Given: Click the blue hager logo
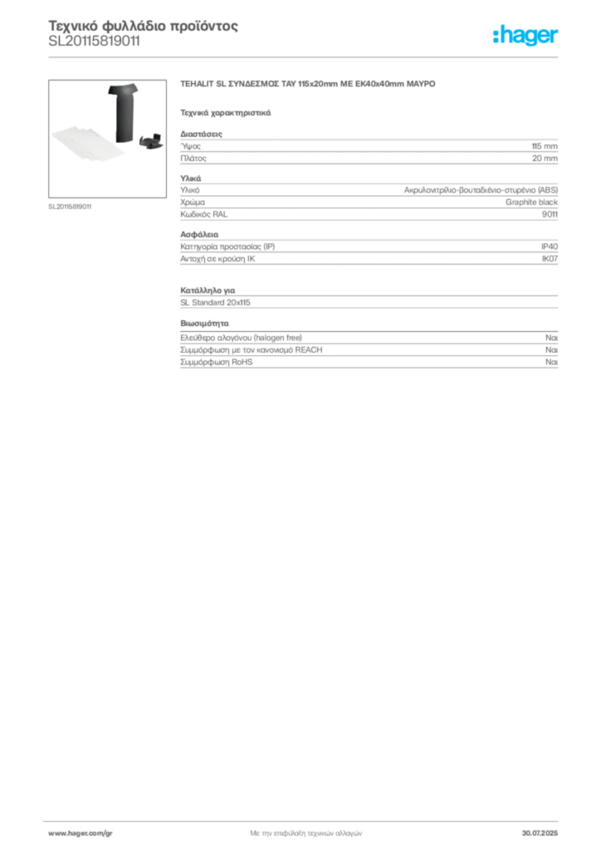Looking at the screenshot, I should coord(526,36).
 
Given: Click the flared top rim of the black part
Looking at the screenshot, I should coord(121,86).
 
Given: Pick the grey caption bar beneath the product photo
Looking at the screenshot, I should coord(70,205).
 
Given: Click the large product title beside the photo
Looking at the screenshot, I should coord(307,85).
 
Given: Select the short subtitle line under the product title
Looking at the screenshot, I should coord(226,112).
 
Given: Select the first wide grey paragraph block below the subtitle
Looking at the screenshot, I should coord(369,150).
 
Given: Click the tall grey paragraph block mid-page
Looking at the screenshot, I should coord(369,251).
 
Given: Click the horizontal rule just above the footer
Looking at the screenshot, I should coord(305,817).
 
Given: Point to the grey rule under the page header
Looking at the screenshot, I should coord(305,56).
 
